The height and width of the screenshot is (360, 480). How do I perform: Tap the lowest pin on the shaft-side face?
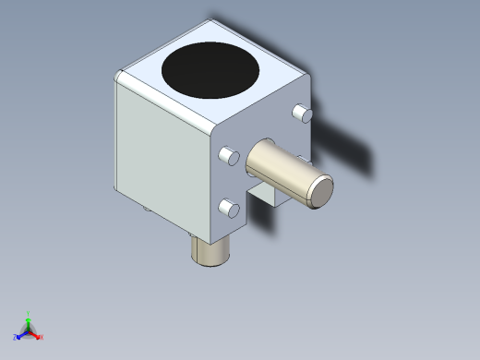(228, 210)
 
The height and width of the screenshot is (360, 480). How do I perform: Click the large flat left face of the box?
(162, 157)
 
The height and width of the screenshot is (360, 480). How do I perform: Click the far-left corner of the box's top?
(118, 74)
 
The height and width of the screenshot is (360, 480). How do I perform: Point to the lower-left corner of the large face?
(117, 191)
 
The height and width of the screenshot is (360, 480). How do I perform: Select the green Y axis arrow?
(29, 321)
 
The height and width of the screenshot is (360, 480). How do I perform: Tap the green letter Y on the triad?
(30, 314)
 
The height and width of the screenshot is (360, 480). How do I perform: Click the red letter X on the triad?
(42, 338)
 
